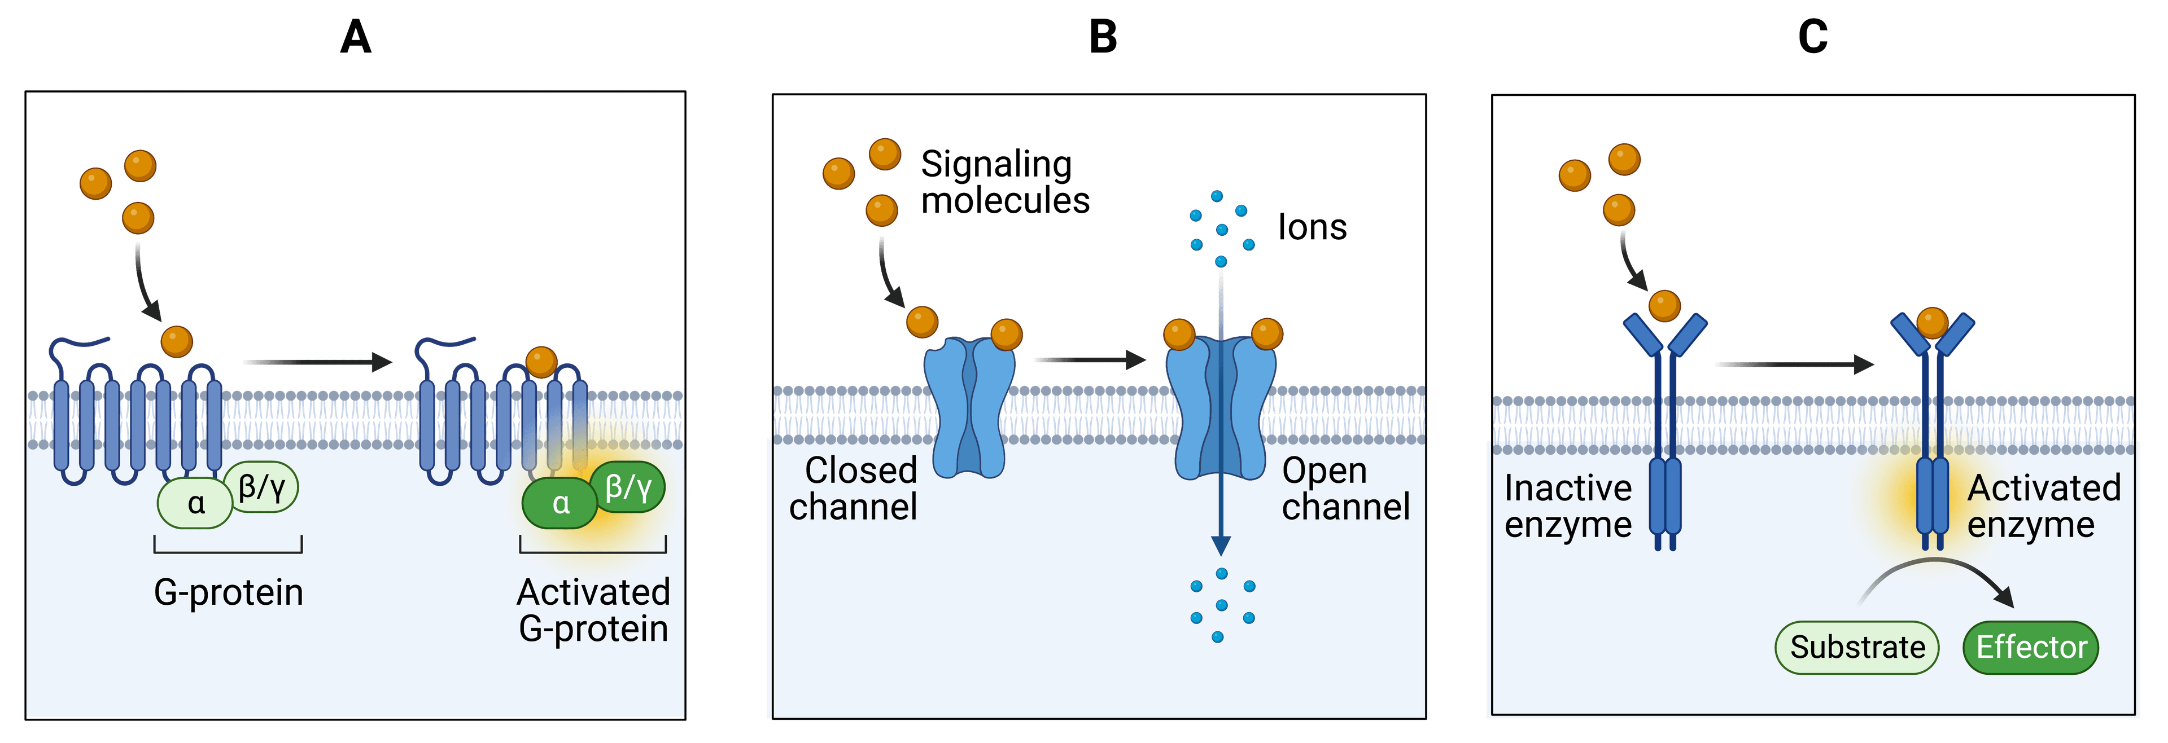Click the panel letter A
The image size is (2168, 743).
tap(356, 38)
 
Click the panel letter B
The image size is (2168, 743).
tap(1103, 38)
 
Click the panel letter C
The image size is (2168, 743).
tap(1813, 38)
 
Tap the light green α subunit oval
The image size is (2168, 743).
tap(195, 503)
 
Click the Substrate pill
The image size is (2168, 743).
tap(1856, 647)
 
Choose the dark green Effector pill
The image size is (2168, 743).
tap(2031, 647)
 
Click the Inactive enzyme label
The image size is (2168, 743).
tap(1568, 505)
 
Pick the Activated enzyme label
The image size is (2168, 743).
tap(2043, 505)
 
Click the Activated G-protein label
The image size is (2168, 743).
tap(593, 610)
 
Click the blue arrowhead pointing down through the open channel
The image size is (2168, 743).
tap(1220, 545)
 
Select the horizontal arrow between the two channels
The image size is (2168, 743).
tap(1089, 360)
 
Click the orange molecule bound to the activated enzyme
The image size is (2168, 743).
tap(1933, 322)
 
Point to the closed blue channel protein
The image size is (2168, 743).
tap(969, 408)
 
